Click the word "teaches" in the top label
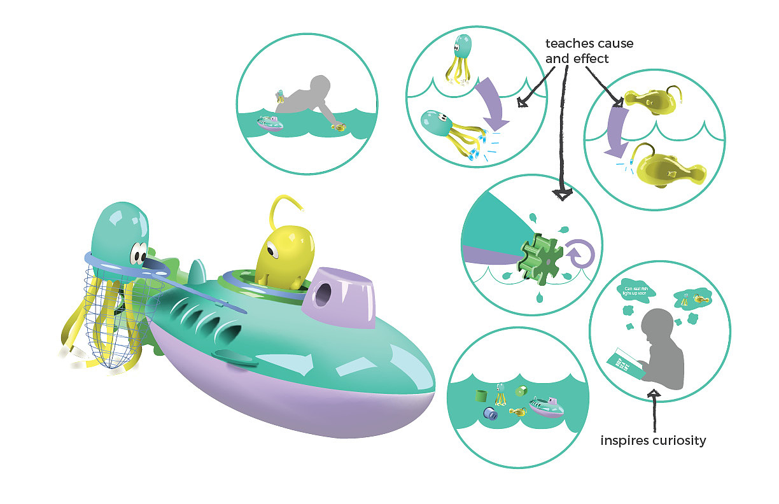[x=567, y=44]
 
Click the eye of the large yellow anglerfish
[x=272, y=253]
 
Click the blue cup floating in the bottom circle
[x=491, y=413]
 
